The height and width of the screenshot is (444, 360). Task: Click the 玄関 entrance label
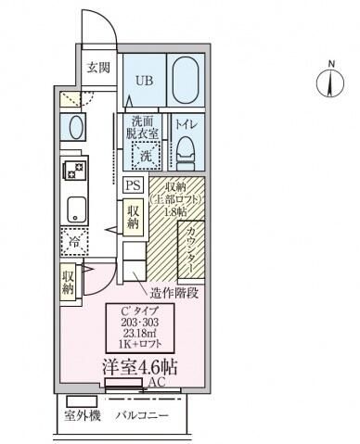(98, 67)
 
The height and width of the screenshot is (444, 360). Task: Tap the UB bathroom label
(146, 81)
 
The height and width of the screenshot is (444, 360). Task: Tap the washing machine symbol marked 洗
(145, 157)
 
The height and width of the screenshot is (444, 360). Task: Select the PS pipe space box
(134, 184)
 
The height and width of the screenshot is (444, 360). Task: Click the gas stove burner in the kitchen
(73, 171)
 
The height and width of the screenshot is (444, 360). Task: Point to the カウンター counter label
(191, 247)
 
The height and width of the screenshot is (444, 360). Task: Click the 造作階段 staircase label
(174, 292)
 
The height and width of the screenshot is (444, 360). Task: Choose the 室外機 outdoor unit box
(82, 415)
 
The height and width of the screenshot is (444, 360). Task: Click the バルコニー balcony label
(141, 415)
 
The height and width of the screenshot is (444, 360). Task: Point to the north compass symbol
(330, 82)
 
